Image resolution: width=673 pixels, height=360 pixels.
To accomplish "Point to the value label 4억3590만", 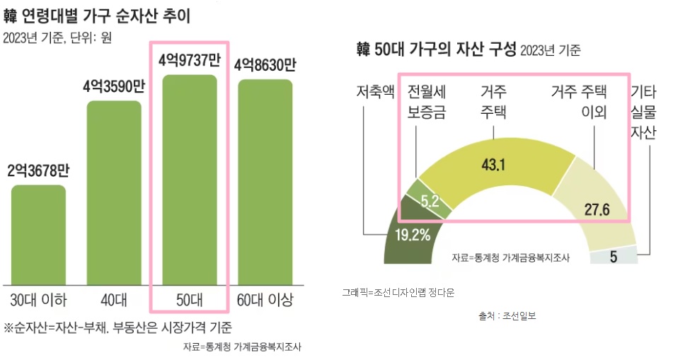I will click(x=114, y=88).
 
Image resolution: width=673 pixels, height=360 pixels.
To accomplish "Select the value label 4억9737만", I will click(x=189, y=61).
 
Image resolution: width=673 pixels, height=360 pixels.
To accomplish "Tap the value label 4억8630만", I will click(x=265, y=65).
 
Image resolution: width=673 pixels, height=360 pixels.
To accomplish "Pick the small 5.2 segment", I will click(x=428, y=199).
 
